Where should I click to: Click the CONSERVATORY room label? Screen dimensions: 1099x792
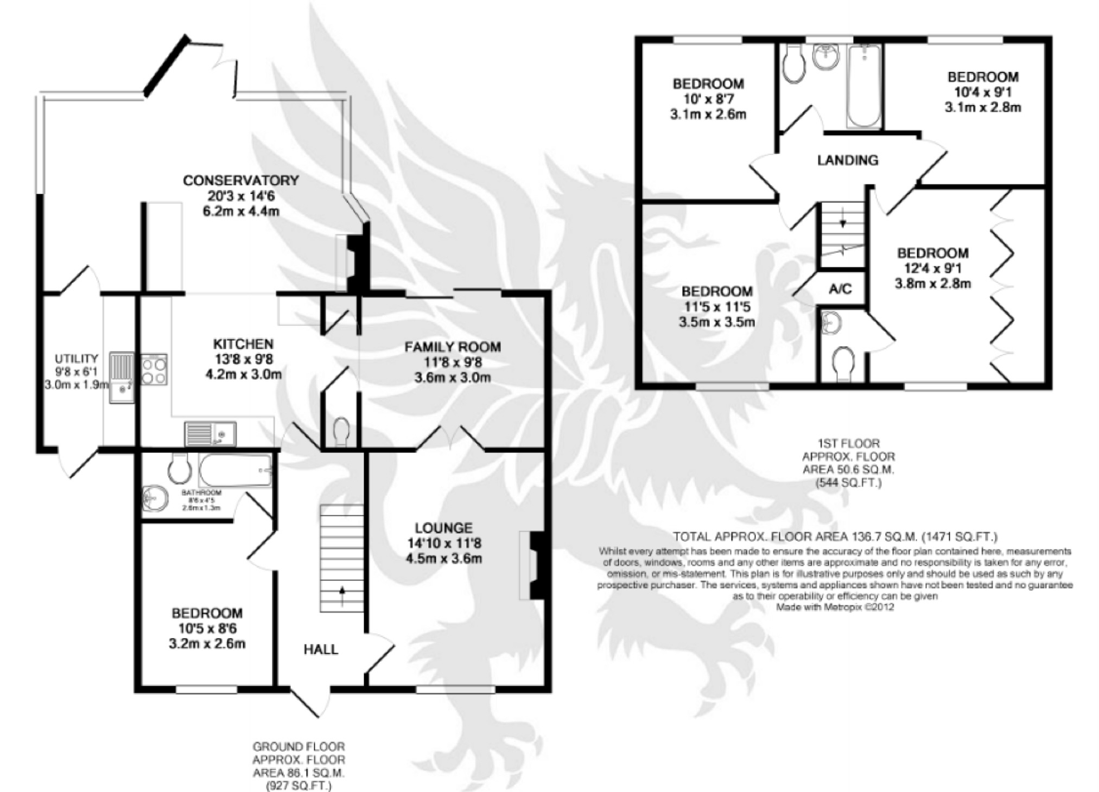click(x=240, y=180)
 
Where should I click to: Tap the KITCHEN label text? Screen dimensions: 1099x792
click(x=243, y=344)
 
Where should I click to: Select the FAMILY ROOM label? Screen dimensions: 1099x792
click(x=452, y=347)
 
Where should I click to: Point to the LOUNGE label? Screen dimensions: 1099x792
click(x=443, y=528)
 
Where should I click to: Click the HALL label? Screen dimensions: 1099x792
click(x=320, y=649)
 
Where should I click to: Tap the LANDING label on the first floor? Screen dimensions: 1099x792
click(x=847, y=160)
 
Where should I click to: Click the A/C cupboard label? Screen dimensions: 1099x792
click(x=840, y=289)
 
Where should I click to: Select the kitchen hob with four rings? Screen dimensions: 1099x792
click(x=154, y=369)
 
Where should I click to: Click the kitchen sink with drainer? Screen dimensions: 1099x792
click(x=209, y=433)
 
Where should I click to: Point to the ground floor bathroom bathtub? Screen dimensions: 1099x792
click(x=235, y=470)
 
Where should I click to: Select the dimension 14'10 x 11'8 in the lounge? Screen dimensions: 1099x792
click(x=444, y=543)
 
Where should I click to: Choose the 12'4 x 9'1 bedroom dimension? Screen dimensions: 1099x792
click(x=932, y=268)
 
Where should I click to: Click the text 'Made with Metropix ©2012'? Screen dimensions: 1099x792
click(x=835, y=607)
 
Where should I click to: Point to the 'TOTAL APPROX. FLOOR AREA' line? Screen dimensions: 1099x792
click(x=835, y=537)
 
